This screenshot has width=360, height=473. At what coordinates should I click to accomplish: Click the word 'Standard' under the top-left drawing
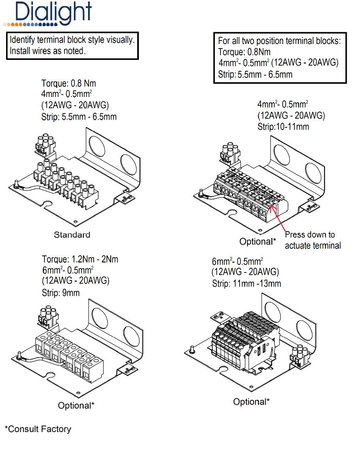(72, 235)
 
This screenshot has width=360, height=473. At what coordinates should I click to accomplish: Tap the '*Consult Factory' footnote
(38, 429)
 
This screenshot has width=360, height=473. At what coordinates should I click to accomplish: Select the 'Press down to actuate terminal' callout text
(313, 240)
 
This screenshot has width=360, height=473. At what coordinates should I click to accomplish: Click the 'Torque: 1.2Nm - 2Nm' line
(80, 259)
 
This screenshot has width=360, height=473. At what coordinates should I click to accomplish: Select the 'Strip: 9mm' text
(61, 293)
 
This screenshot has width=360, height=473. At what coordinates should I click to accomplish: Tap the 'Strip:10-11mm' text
(283, 127)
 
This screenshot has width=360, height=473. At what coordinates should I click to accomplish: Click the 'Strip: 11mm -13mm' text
(246, 283)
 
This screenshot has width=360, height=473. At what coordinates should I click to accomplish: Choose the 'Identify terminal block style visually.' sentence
(72, 39)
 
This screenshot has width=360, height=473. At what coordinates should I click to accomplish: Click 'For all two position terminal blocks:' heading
(279, 41)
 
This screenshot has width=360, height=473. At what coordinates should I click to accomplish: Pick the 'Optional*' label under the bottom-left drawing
(76, 406)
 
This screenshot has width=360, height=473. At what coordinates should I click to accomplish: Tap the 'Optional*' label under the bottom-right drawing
(251, 402)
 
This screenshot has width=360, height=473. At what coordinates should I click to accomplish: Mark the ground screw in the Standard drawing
(17, 185)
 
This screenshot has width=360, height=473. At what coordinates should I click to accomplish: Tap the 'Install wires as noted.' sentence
(47, 51)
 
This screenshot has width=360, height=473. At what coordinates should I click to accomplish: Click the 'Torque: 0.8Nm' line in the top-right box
(244, 52)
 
